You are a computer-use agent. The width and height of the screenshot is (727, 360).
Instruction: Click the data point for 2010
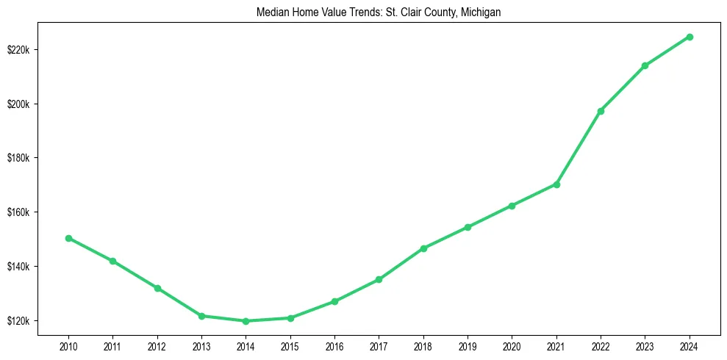[68, 238]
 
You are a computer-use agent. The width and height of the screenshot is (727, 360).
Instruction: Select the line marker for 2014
[246, 321]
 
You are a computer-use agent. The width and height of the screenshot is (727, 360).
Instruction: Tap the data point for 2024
[690, 37]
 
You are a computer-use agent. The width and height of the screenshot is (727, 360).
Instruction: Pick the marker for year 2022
[601, 111]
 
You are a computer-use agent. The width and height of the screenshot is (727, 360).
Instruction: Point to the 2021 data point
[556, 184]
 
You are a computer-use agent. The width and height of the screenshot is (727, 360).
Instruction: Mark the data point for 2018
[423, 248]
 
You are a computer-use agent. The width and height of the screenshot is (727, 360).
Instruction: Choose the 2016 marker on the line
[334, 301]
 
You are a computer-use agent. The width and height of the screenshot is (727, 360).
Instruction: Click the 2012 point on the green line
[157, 288]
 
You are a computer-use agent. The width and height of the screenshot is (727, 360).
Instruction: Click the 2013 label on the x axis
[201, 347]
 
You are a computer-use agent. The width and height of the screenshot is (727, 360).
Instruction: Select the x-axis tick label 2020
[512, 347]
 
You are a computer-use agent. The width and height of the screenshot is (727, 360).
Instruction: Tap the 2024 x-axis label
[690, 347]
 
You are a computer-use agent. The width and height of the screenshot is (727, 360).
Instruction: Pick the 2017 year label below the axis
[379, 347]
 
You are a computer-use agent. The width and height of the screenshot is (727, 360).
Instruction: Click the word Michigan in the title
[481, 12]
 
